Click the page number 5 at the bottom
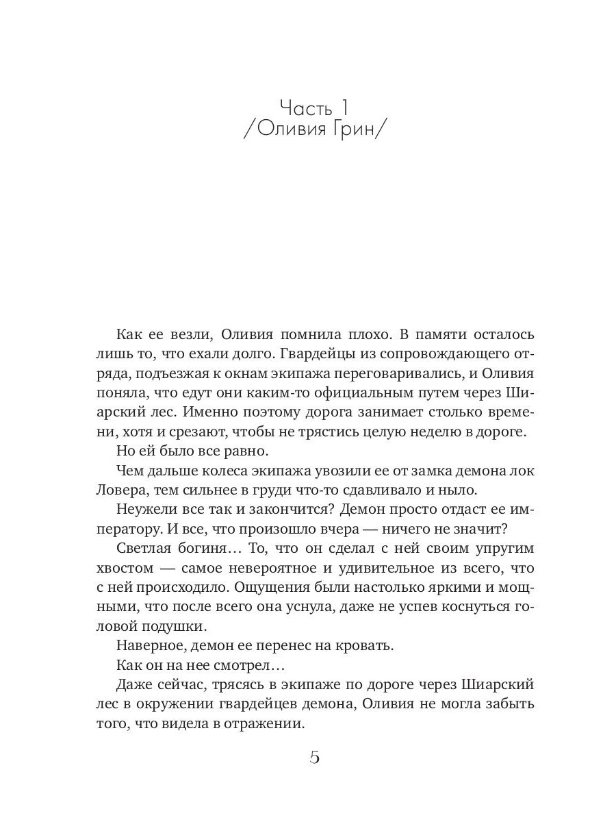[x=315, y=758]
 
